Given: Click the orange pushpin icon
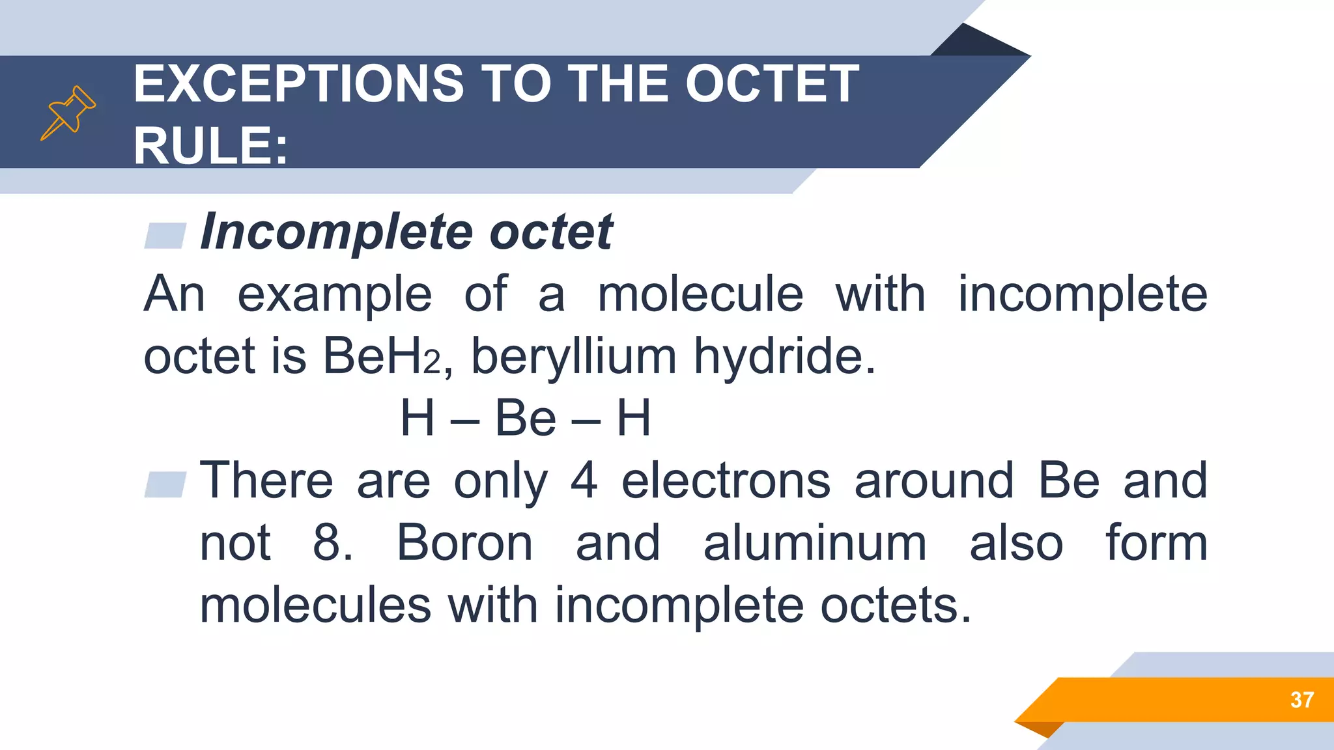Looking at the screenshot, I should pos(68,113).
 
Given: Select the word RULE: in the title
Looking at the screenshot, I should pos(210,146).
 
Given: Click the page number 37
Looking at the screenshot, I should pos(1301,700).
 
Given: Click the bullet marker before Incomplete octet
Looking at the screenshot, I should pos(165,235).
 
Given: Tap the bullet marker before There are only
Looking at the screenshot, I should pos(165,484).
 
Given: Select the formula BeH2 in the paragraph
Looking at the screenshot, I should pos(382,356).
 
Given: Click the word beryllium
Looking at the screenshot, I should pos(574,356).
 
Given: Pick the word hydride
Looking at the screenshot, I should pos(784,356).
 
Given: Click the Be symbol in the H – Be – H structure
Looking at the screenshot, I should pos(526,418).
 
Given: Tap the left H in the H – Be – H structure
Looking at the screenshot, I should pos(417,418).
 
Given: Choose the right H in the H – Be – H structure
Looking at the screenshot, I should pos(634,418).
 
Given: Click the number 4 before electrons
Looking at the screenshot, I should pos(584,480).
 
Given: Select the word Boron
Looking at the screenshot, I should pos(464,542).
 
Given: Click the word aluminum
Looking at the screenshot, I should pos(815,542).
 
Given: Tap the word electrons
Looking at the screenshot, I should pos(726,480).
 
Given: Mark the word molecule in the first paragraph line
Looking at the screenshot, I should pos(700,294).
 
